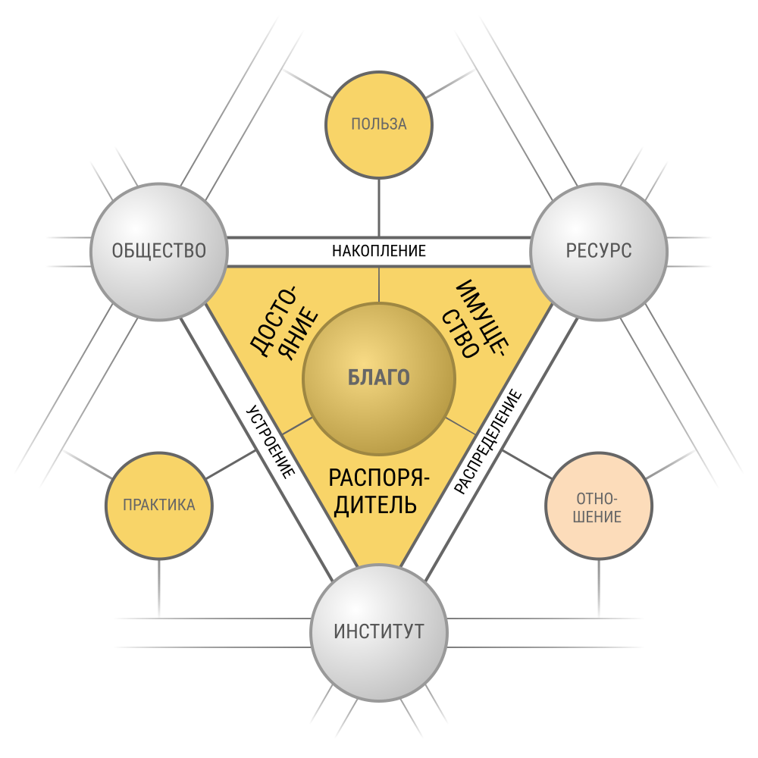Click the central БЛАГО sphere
click(379, 378)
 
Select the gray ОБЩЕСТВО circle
click(159, 252)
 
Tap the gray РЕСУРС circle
click(599, 252)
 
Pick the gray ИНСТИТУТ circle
click(379, 632)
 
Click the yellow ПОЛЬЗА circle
click(379, 125)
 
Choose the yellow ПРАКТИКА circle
click(159, 506)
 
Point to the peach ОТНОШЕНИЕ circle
click(599, 506)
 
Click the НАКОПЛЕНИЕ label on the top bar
click(379, 251)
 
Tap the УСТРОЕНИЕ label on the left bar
click(271, 442)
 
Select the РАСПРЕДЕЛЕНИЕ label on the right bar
click(488, 442)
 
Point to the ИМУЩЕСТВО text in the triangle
click(475, 319)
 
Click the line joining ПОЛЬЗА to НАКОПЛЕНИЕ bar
click(379, 208)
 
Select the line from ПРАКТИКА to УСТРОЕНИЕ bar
click(231, 465)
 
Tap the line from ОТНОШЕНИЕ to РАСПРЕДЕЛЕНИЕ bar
click(527, 465)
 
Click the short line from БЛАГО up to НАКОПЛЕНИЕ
click(379, 284)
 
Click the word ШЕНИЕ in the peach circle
click(597, 517)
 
